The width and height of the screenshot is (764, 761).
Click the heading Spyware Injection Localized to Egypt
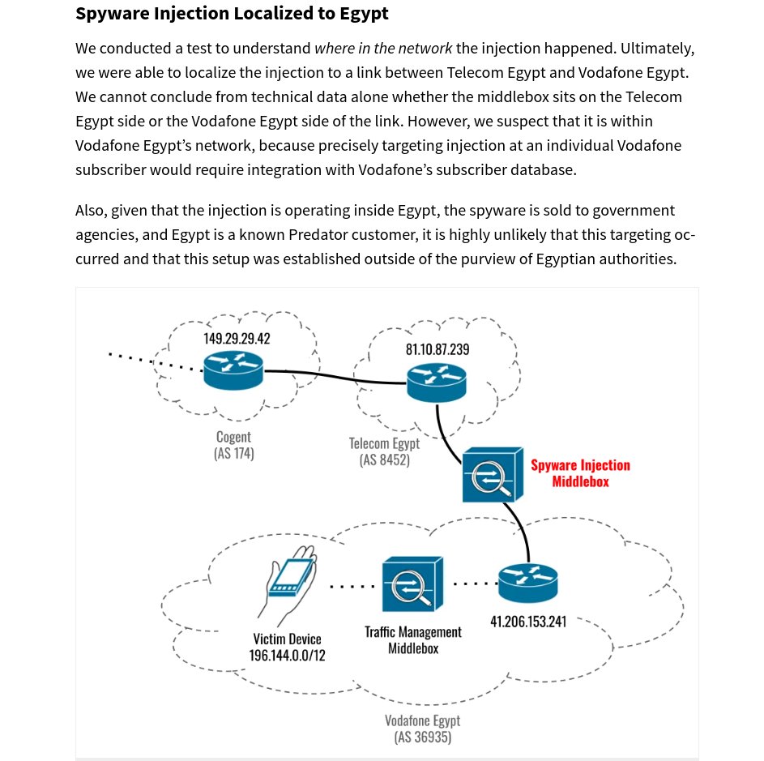tap(232, 14)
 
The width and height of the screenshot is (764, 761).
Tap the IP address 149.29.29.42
tap(237, 339)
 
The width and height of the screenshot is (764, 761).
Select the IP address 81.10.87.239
tap(437, 349)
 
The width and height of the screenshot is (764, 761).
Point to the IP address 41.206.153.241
tap(528, 622)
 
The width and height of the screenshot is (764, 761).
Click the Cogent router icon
tap(233, 370)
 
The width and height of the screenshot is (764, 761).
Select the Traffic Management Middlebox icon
tap(412, 584)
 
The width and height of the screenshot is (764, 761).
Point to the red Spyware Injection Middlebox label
tap(580, 473)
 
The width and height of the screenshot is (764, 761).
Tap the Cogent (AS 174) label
tap(233, 446)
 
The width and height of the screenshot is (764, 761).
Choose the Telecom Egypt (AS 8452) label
tap(384, 451)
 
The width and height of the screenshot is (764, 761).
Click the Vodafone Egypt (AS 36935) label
tap(422, 729)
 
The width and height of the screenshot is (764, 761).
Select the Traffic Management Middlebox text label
tap(412, 640)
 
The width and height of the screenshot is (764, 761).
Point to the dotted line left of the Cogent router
tap(154, 362)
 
